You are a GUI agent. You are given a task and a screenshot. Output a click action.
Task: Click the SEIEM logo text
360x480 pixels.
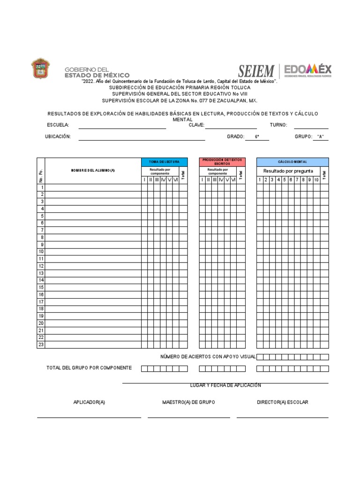tap(256, 71)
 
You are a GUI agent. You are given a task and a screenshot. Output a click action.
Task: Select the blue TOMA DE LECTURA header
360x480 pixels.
tap(164, 162)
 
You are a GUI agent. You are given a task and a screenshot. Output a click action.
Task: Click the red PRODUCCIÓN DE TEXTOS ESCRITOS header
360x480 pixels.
tap(222, 162)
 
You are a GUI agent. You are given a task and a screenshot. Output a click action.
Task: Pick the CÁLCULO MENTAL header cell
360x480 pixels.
tap(292, 162)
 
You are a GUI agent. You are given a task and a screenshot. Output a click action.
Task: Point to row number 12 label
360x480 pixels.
tap(41, 266)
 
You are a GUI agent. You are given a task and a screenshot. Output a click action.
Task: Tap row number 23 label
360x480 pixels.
tap(41, 345)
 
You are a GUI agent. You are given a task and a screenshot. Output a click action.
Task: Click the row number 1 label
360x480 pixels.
tap(42, 187)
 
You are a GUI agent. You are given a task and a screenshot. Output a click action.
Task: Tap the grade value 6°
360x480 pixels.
tap(257, 137)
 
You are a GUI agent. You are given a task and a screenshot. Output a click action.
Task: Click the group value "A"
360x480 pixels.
tap(321, 137)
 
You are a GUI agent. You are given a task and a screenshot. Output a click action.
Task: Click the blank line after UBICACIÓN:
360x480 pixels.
tap(142, 138)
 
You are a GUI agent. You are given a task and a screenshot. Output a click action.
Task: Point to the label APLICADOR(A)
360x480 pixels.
tap(89, 403)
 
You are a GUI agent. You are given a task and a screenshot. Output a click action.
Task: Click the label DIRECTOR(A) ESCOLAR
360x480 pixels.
tap(283, 403)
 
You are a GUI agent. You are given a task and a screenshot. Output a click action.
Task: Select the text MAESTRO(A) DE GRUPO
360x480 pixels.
tap(189, 403)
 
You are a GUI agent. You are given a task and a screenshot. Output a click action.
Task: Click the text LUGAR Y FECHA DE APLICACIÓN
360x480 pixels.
tap(225, 385)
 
